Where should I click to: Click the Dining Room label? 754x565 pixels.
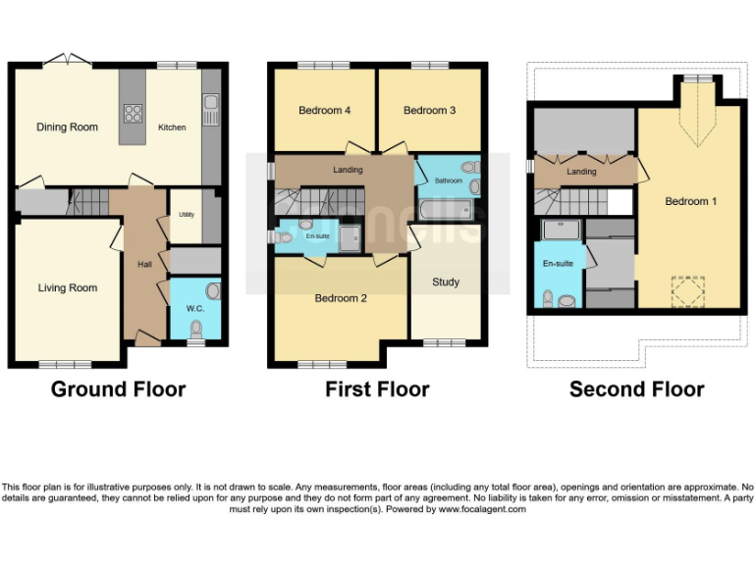click(x=68, y=128)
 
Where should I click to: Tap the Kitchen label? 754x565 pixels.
click(x=172, y=128)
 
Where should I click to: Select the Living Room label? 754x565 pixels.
click(x=68, y=288)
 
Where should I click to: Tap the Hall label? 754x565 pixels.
click(x=144, y=265)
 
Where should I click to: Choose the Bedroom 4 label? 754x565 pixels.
click(x=325, y=111)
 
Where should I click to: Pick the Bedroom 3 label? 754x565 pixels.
click(x=430, y=111)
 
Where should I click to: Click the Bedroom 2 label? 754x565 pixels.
click(x=341, y=298)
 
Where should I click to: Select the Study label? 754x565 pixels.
click(x=446, y=282)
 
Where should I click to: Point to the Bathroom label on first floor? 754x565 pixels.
click(x=449, y=181)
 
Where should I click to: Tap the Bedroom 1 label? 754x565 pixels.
click(x=690, y=202)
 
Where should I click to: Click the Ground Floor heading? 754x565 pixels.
click(x=118, y=389)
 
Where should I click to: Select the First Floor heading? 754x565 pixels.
click(x=377, y=389)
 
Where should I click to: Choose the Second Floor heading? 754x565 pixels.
click(x=636, y=389)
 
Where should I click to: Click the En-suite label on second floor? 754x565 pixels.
click(x=557, y=264)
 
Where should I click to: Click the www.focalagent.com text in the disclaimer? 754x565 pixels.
click(x=482, y=509)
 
